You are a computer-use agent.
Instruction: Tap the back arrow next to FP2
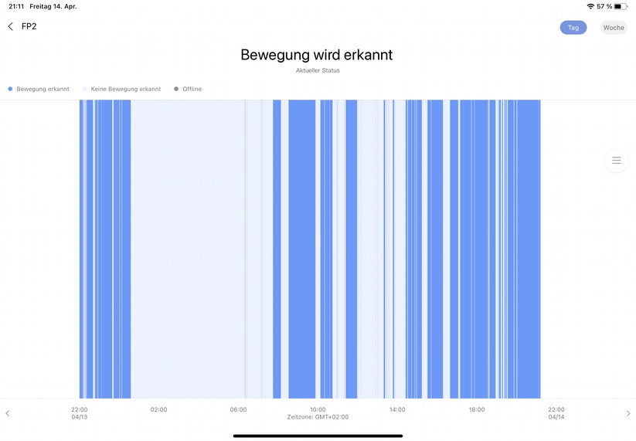point(10,26)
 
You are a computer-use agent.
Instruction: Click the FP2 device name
point(29,26)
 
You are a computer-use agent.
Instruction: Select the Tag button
point(573,28)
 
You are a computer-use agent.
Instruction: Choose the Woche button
point(614,28)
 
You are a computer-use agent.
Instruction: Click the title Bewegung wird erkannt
point(317,55)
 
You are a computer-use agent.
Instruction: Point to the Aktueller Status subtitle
point(318,70)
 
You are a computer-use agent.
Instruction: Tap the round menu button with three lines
point(617,161)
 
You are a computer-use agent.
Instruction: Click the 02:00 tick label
point(158,409)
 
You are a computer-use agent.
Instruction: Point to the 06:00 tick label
point(238,409)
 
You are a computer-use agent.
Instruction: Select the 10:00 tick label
point(318,409)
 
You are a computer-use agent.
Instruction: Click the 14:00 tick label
point(397,409)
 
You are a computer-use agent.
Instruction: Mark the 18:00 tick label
point(477,409)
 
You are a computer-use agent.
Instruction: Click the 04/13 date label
point(80,417)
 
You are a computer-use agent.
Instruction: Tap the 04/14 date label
point(556,417)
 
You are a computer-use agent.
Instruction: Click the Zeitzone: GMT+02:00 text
point(318,417)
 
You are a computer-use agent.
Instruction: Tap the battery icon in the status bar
point(621,6)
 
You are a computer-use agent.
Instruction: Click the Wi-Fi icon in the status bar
point(590,6)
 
